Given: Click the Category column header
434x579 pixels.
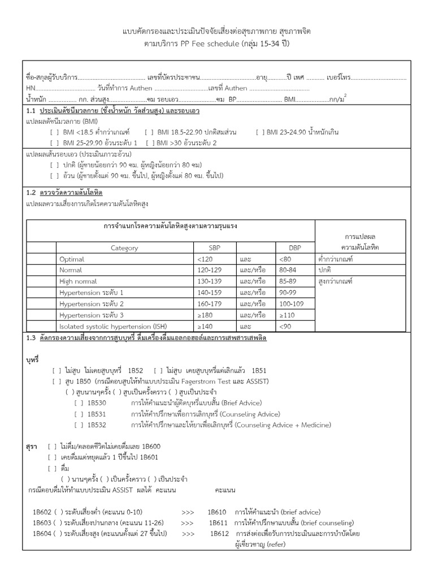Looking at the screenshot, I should (x=124, y=248).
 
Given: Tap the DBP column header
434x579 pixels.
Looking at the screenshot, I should (x=295, y=248).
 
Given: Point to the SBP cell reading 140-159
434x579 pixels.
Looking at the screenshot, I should (x=207, y=292).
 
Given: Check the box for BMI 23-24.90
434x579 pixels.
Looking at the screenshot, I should (x=260, y=132).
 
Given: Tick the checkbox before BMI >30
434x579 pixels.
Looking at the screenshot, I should (x=149, y=142).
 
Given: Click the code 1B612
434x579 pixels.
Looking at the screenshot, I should (x=219, y=533).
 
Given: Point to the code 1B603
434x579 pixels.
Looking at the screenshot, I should (x=41, y=522).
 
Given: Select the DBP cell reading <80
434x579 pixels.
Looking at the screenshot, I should (x=284, y=259).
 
